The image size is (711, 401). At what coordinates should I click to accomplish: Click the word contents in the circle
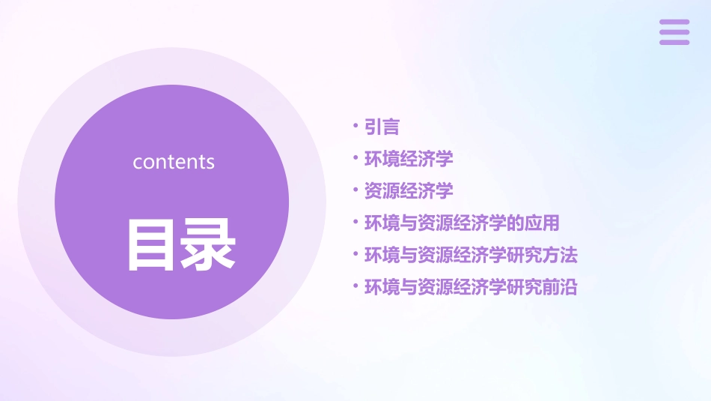[x=174, y=162]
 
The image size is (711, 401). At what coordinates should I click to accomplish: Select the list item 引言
[x=382, y=127]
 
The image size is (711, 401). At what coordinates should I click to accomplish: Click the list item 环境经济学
[x=409, y=159]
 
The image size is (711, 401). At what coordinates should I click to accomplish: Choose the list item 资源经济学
[x=409, y=191]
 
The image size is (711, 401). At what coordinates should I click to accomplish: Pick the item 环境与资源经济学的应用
[x=462, y=223]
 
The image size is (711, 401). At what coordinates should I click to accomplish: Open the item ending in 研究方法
[x=471, y=255]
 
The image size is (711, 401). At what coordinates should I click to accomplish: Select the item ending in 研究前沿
[x=471, y=286]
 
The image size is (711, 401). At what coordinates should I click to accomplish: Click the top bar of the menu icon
[x=674, y=22]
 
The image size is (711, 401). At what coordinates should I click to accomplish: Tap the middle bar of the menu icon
[x=674, y=32]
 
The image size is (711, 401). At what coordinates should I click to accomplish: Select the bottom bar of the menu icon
[x=674, y=42]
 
